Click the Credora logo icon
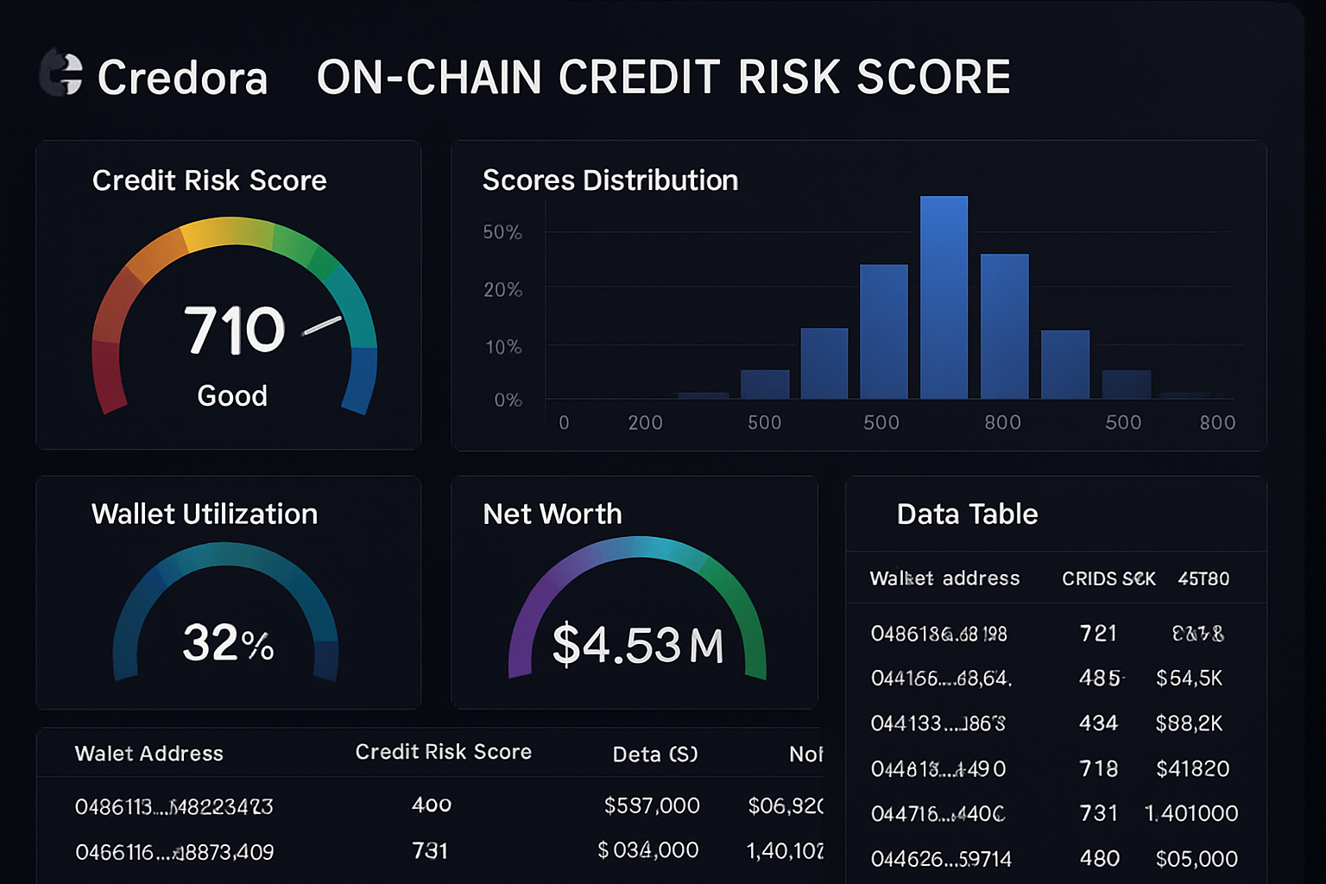click(61, 73)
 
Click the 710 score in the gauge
click(234, 331)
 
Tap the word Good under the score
click(232, 395)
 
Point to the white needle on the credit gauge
click(321, 326)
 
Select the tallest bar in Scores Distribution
click(944, 297)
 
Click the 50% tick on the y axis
click(502, 232)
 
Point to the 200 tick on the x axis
click(645, 422)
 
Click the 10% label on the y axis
click(503, 347)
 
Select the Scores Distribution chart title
click(609, 180)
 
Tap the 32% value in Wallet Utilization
click(228, 643)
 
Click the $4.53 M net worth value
click(637, 645)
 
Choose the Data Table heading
click(967, 515)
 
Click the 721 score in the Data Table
click(1098, 634)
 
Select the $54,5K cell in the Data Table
click(1189, 679)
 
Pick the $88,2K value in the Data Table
click(1189, 723)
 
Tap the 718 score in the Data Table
click(1098, 768)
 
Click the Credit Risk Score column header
click(443, 752)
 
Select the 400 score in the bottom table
click(432, 805)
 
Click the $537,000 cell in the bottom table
click(652, 805)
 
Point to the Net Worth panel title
click(552, 515)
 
